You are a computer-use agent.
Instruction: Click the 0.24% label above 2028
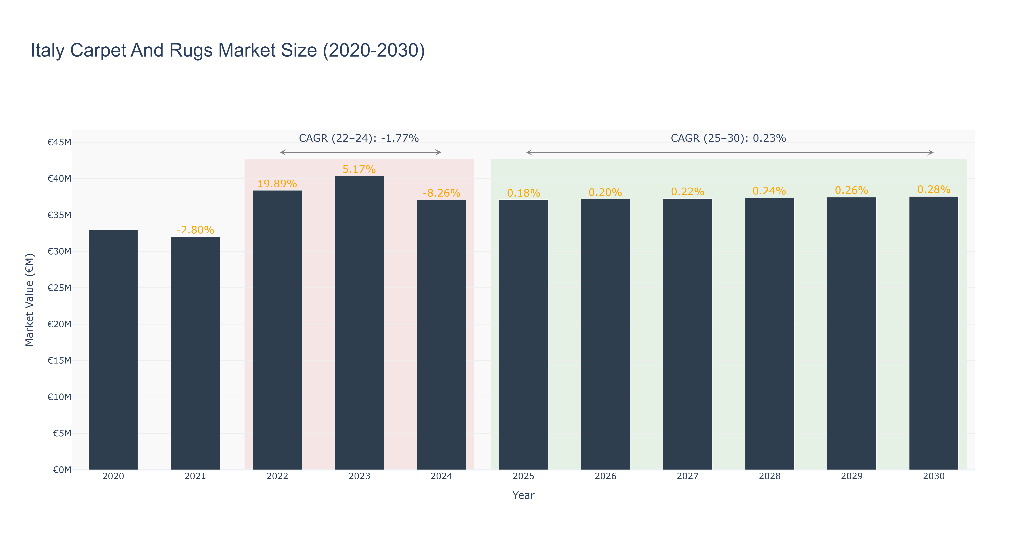(x=769, y=191)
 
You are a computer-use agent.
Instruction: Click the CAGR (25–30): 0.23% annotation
(x=728, y=138)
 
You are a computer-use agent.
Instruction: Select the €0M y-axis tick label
(x=62, y=470)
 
